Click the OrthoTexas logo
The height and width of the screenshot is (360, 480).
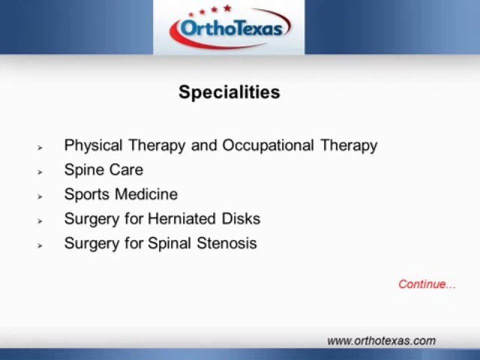point(229,28)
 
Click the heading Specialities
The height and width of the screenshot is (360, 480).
point(229,92)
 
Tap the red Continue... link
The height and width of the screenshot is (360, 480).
point(427,284)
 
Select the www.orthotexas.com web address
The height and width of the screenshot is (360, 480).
point(381,341)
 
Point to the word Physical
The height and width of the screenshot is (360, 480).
point(93,146)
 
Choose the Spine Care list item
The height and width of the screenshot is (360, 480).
point(103,170)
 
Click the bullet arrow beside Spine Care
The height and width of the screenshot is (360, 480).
point(39,171)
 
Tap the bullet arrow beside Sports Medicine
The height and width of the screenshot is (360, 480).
point(39,196)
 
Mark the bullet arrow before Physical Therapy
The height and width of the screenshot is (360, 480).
point(39,147)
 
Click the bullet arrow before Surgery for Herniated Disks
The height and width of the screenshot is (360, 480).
point(39,220)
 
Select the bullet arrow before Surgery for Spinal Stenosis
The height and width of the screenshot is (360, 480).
point(39,245)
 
